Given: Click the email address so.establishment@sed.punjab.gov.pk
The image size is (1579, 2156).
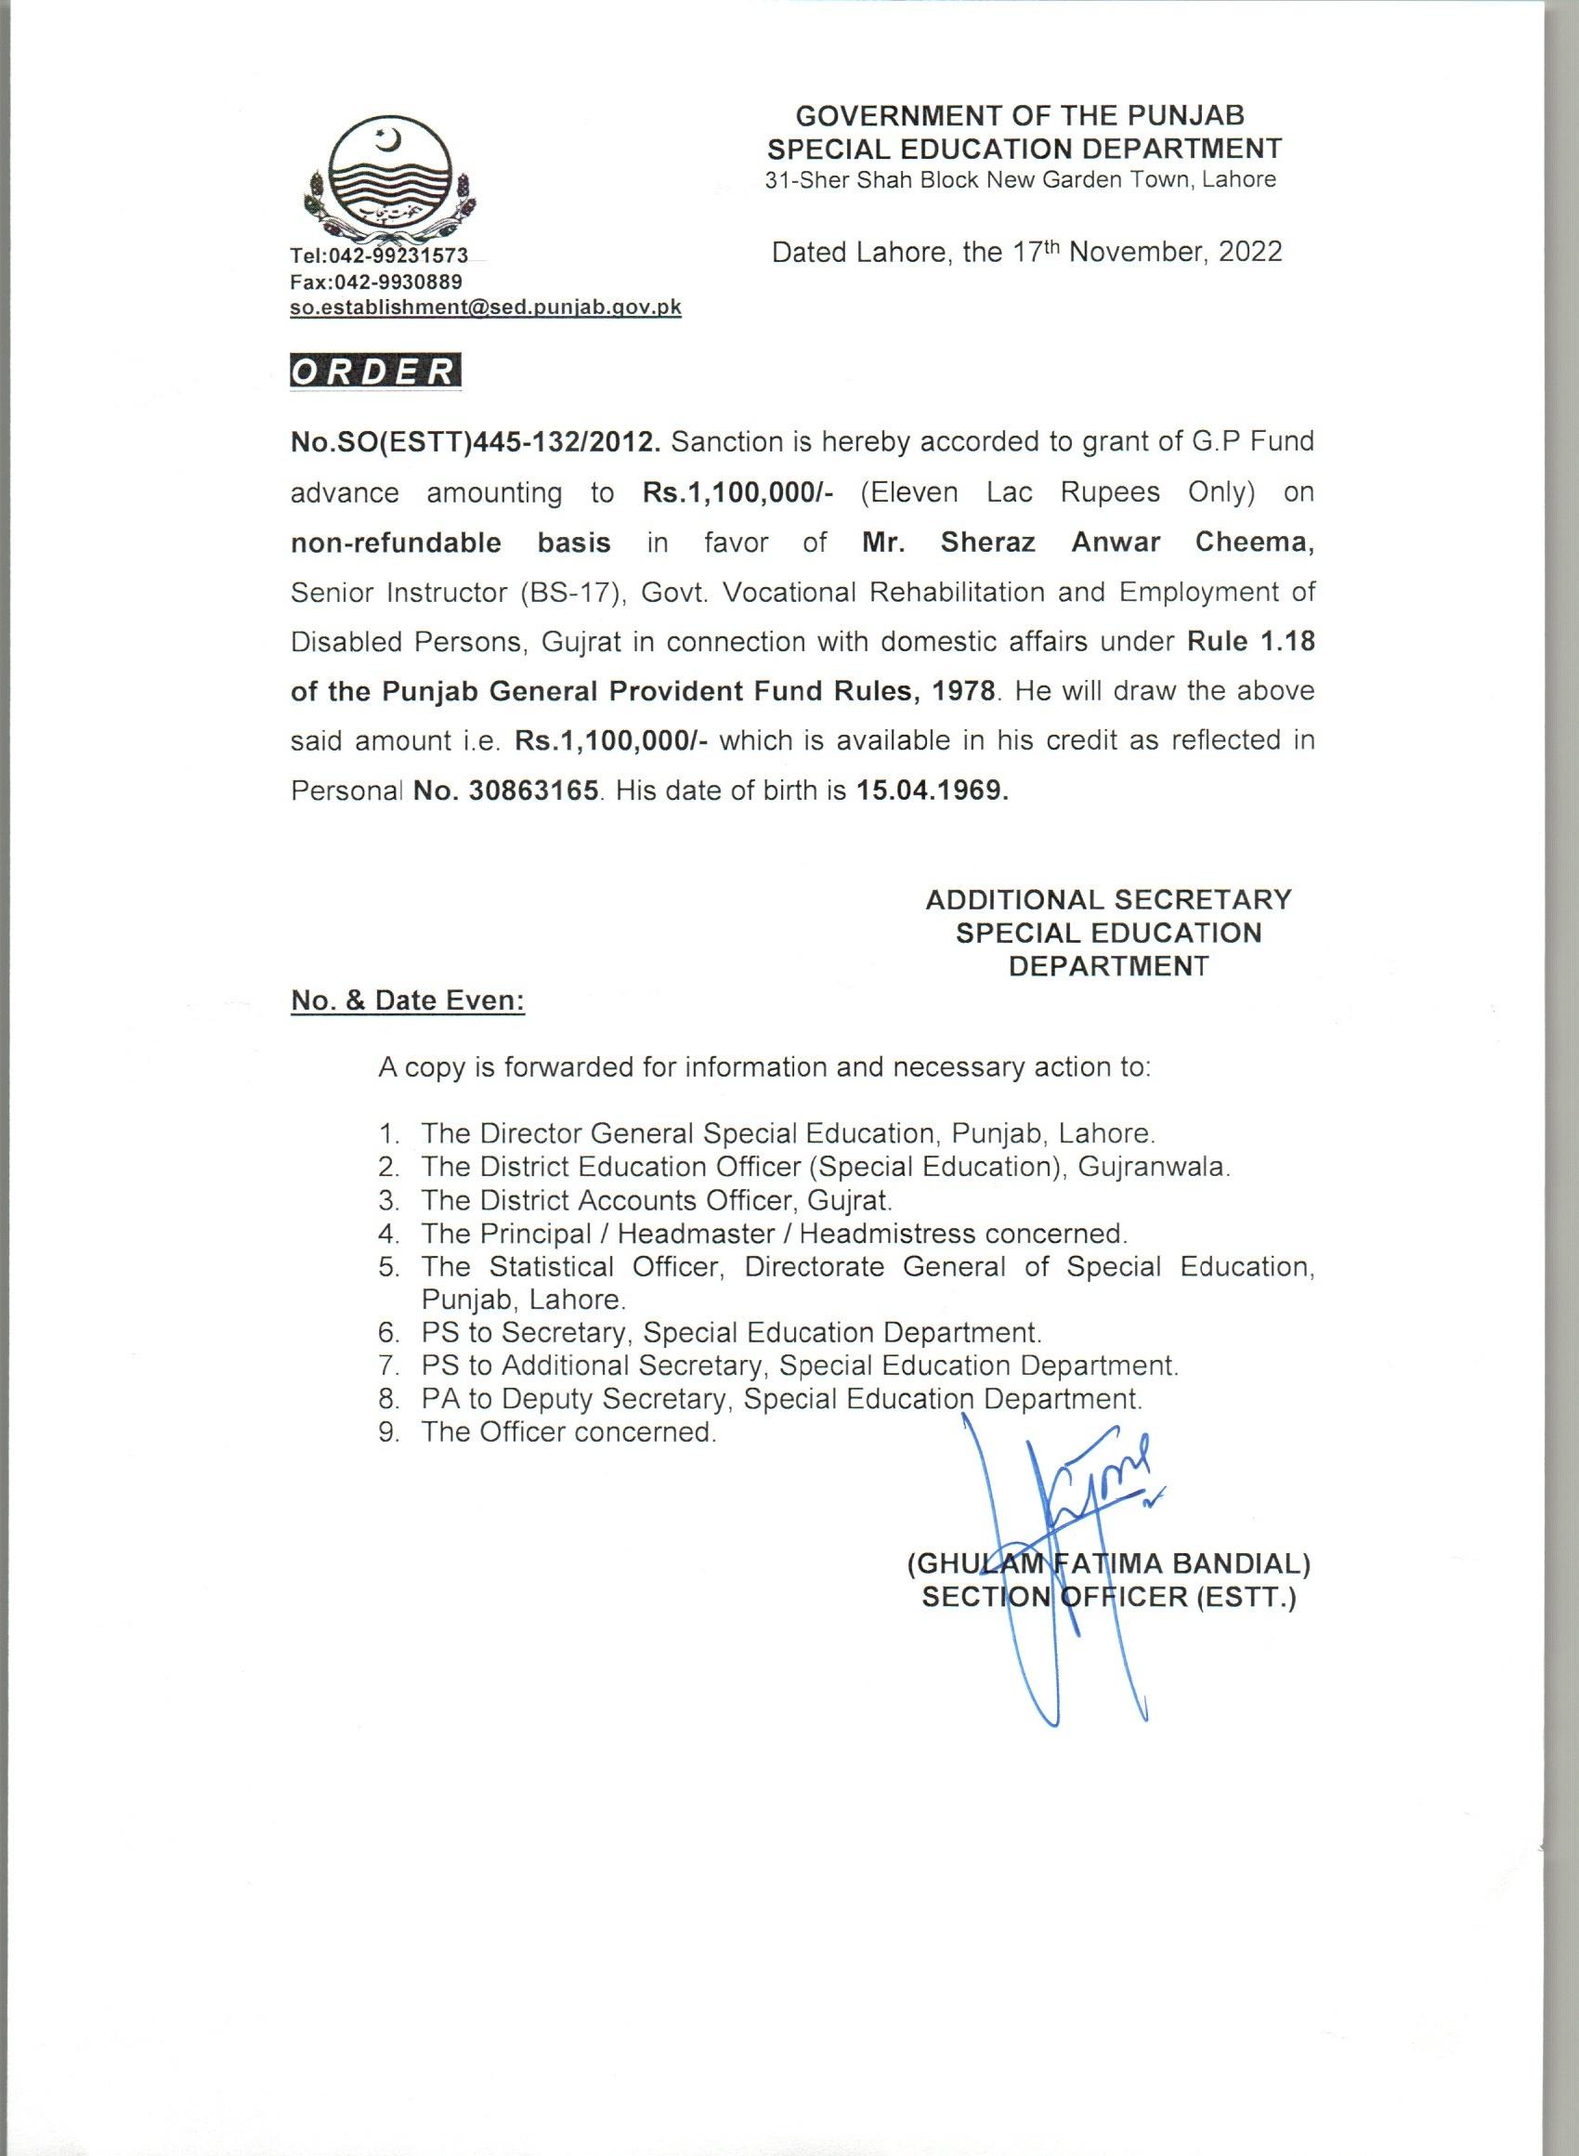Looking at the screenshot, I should [486, 308].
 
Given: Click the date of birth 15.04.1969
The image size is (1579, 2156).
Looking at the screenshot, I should [929, 791].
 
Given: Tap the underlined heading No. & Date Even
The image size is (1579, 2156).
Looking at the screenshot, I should [408, 1000].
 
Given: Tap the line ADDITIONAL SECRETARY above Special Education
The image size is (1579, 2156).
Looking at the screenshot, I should [1108, 900].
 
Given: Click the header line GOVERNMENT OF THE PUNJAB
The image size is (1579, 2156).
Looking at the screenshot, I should [1020, 117].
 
